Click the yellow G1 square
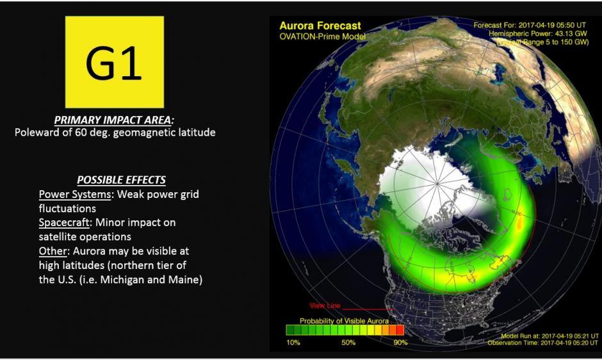click(115, 62)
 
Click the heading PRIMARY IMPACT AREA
click(113, 120)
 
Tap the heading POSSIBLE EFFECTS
click(121, 180)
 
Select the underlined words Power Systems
click(75, 194)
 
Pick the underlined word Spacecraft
click(64, 223)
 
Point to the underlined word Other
click(53, 251)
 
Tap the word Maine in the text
click(183, 279)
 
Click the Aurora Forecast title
click(320, 26)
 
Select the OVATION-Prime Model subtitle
click(323, 37)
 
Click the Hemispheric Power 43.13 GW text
click(538, 34)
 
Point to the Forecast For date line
click(530, 26)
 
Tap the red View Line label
click(325, 306)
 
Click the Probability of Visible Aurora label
click(344, 321)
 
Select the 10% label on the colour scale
click(293, 342)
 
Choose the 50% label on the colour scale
click(348, 342)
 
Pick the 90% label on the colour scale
click(400, 342)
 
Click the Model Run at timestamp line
click(549, 336)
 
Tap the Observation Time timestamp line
click(543, 343)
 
